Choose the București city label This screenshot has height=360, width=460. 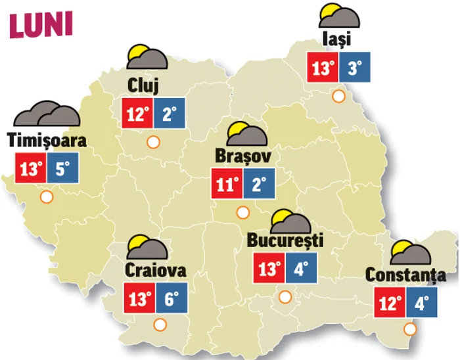[x=285, y=240]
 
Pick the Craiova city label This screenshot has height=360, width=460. [x=155, y=270]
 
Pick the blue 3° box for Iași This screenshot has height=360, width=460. [x=355, y=67]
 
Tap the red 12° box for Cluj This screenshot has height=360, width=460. [x=138, y=114]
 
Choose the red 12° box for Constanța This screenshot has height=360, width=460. [x=392, y=303]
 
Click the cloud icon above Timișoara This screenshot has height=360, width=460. [x=47, y=114]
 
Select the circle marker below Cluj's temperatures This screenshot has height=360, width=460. [x=154, y=141]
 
